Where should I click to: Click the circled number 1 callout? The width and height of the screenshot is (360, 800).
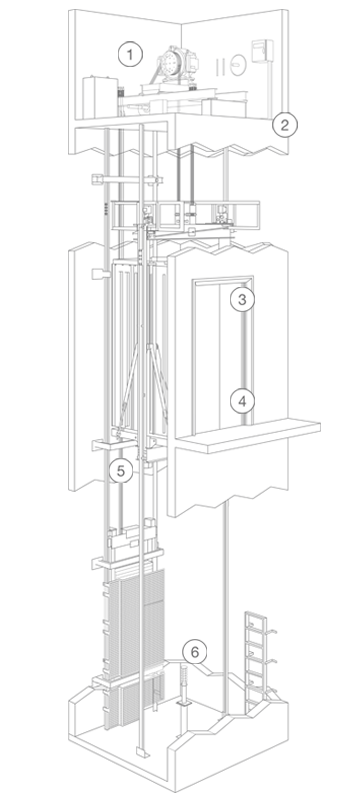pos(130,55)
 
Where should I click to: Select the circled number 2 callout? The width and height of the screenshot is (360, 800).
pos(285,125)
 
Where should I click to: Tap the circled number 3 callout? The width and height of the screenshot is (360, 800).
pos(242,299)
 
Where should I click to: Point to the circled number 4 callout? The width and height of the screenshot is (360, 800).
pos(242,402)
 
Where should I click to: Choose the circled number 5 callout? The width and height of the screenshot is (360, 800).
pos(121,471)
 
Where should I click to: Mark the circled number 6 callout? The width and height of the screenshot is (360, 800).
pos(195,652)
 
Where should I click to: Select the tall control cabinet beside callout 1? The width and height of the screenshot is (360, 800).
pos(100,97)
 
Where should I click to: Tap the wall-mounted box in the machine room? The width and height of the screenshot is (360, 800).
pos(262,52)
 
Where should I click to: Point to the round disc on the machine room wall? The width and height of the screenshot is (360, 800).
pos(238,65)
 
